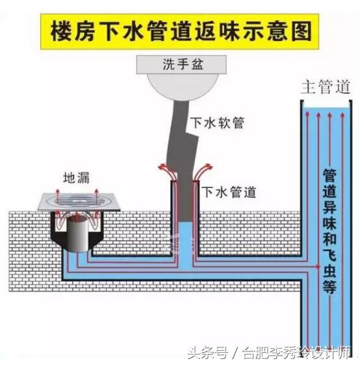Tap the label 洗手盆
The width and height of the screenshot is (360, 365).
[x=181, y=64]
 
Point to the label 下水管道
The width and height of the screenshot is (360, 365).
[x=229, y=192]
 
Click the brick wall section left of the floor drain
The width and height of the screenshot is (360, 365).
[x=26, y=244]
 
